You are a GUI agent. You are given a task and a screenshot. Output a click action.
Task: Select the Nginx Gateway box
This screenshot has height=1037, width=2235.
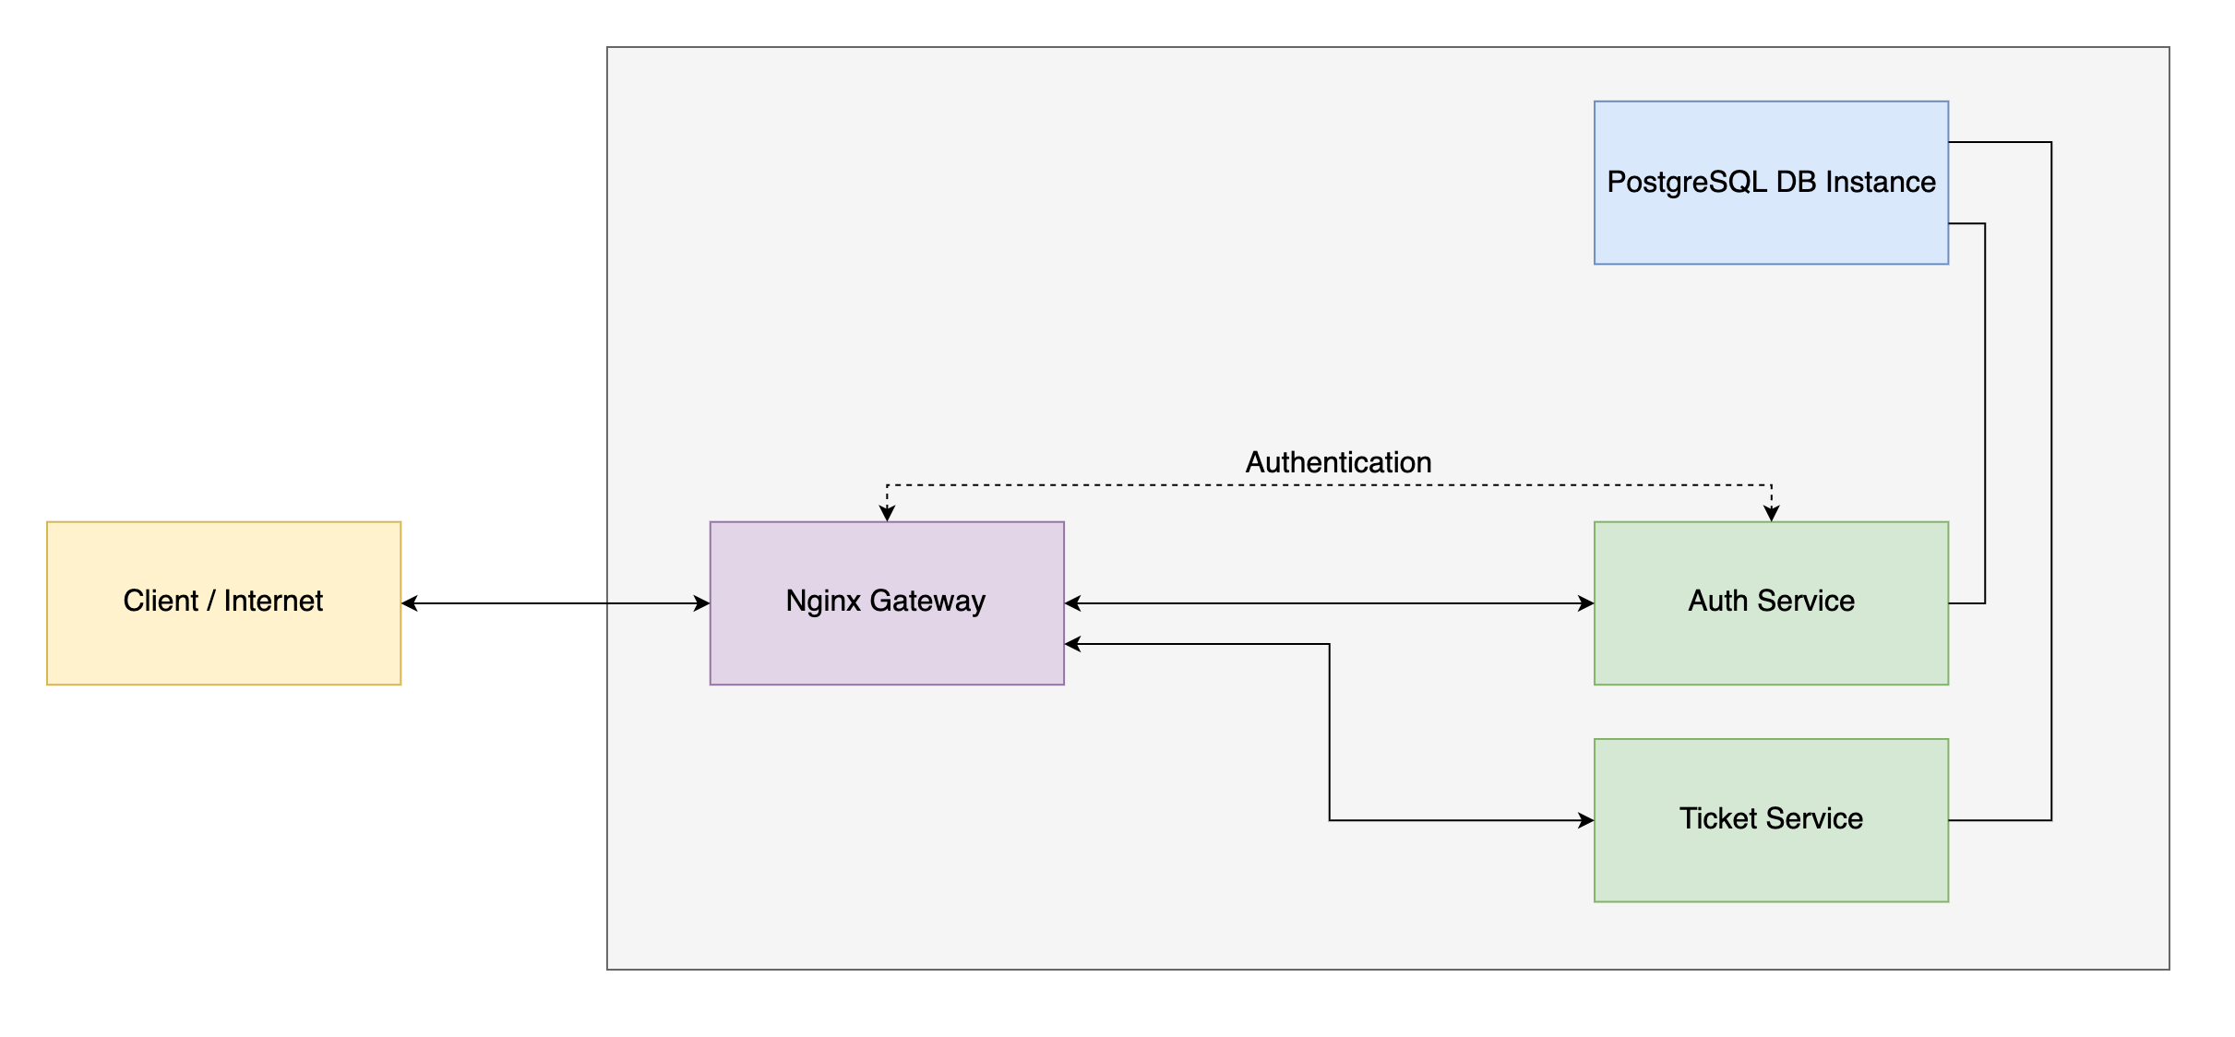886,646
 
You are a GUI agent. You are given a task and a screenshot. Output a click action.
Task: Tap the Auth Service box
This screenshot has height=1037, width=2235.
1771,646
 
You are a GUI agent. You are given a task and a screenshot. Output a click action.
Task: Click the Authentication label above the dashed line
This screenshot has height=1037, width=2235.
1338,462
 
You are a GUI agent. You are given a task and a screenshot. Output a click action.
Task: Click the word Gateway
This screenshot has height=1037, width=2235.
927,602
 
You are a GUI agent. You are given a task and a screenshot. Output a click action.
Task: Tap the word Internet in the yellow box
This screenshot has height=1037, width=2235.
273,602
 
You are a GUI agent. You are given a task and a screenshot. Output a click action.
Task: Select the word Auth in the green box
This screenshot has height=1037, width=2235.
1718,602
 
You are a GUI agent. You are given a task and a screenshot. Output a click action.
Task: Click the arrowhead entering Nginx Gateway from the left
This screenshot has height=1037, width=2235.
702,603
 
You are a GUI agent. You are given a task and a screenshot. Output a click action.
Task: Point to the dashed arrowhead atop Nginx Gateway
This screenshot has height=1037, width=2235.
887,514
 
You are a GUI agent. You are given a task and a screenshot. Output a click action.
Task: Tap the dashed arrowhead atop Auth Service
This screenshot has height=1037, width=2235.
1771,514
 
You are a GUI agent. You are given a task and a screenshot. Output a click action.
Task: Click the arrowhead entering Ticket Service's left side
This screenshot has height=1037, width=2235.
1586,820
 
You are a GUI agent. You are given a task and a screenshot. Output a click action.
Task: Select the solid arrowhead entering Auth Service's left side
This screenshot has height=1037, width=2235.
1586,603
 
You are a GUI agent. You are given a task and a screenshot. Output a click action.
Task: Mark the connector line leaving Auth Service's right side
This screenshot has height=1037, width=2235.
1966,603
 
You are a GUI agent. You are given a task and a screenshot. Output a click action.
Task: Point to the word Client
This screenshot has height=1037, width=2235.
161,602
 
